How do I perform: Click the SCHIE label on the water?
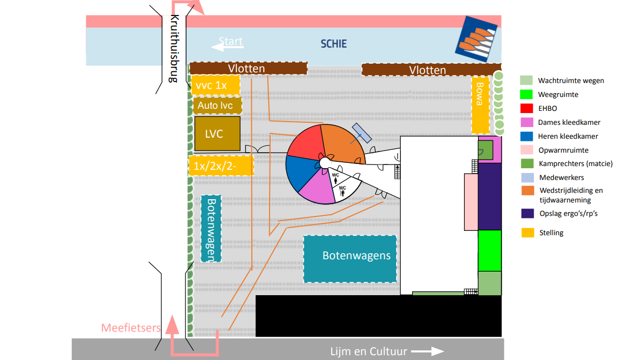tap(333, 44)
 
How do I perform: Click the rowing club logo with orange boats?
tap(476, 36)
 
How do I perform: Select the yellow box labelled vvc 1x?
tap(215, 85)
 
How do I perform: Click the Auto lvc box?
tap(215, 106)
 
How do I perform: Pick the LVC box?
tap(216, 133)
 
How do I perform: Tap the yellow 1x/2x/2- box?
tap(221, 166)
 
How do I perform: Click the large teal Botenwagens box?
tap(350, 259)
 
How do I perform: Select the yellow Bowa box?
tap(480, 105)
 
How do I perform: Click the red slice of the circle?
tap(306, 141)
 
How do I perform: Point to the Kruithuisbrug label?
tap(173, 48)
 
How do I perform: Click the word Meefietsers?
tap(131, 327)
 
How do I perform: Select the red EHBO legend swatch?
tap(527, 108)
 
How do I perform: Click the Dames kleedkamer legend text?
tap(569, 122)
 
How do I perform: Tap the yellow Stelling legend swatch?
tap(527, 232)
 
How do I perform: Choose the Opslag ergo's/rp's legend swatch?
tap(527, 213)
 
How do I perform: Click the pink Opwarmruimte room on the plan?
tap(471, 201)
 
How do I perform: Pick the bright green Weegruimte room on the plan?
tap(489, 250)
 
